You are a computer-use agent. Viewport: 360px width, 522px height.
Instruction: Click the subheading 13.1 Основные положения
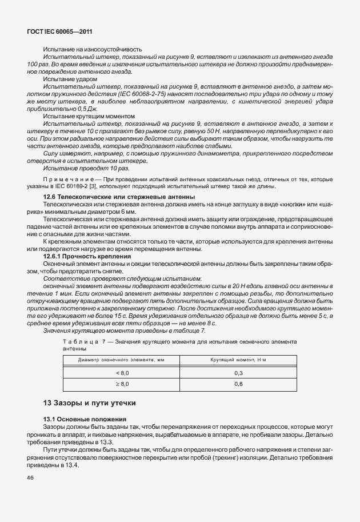point(85,419)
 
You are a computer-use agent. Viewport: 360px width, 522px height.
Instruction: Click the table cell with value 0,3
point(238,373)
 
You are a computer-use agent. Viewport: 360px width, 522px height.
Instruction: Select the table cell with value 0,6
point(238,384)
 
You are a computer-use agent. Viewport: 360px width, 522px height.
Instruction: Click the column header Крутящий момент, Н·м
point(238,360)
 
